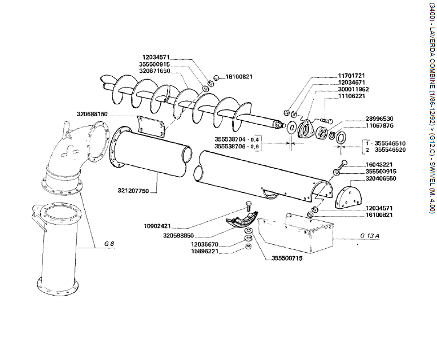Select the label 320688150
tap(92, 114)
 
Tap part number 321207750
tap(133, 175)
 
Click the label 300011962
tap(353, 89)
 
